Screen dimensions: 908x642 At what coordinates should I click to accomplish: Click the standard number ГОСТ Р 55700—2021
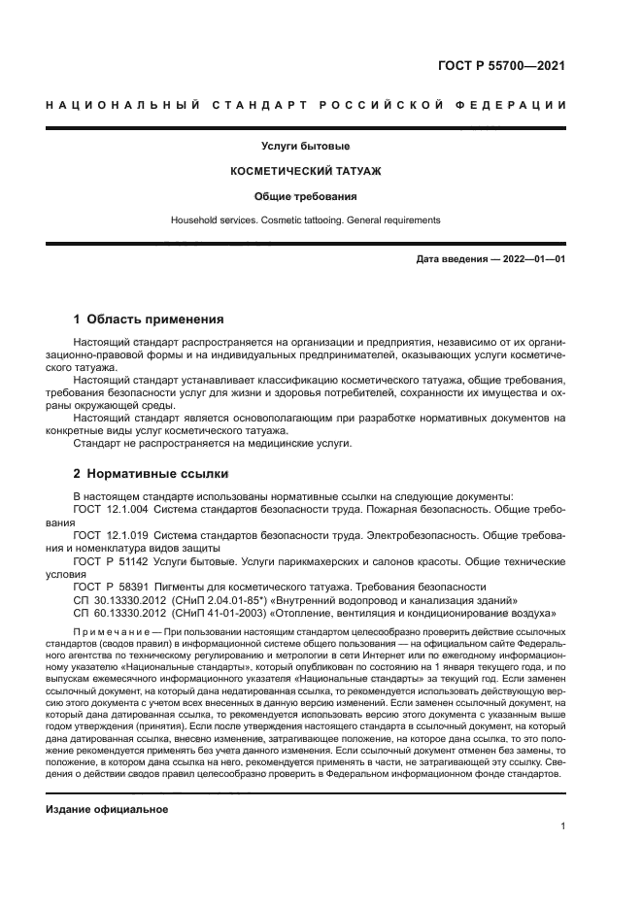coord(503,66)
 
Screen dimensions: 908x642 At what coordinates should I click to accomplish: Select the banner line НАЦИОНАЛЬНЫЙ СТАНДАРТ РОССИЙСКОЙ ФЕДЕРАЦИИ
coord(306,105)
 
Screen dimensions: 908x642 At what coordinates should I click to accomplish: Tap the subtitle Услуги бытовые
coord(305,146)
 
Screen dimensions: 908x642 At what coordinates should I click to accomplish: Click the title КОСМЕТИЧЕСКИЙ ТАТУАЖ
coord(305,171)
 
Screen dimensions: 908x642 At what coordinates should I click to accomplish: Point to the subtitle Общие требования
coord(305,196)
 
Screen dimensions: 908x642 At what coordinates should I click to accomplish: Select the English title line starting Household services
coord(305,220)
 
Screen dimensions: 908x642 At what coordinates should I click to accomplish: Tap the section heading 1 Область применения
coord(150,319)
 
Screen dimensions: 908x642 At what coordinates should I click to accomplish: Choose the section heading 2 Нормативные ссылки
coord(152,474)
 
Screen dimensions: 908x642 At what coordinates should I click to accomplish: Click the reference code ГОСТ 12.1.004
coord(111,509)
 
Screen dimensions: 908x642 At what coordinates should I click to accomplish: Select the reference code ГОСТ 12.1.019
coord(111,535)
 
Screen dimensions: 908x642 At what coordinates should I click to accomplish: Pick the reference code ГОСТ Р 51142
coord(109,561)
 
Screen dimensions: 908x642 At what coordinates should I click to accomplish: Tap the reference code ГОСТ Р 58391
coord(109,588)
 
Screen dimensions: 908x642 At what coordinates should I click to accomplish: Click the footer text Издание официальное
coord(107,810)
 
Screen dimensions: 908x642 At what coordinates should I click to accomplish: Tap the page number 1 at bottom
coord(563,826)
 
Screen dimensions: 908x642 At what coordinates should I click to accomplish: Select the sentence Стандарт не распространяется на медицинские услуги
coord(213,443)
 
